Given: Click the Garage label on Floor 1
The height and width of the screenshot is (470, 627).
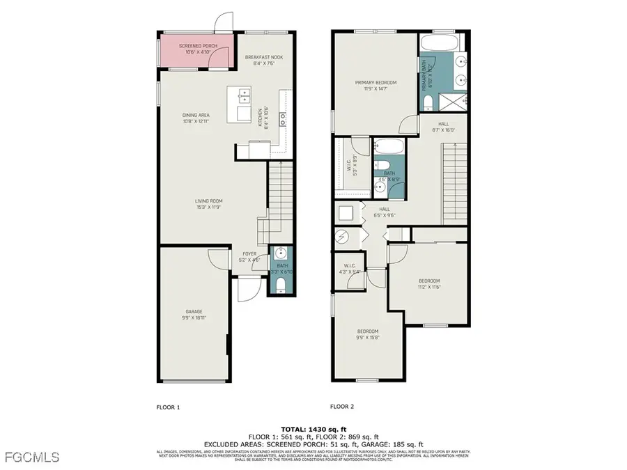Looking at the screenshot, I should (x=194, y=314).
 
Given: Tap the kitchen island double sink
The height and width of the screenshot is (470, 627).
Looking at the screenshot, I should (x=242, y=94).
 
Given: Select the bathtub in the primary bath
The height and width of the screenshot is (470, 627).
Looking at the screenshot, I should (x=439, y=43).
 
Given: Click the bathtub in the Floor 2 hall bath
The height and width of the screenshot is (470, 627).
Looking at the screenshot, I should (x=387, y=148).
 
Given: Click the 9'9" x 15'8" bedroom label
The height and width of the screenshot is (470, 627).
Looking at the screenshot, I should (x=368, y=334).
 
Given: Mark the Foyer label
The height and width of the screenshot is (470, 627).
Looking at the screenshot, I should (x=250, y=257).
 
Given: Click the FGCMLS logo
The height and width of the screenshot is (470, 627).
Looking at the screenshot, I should (x=31, y=457).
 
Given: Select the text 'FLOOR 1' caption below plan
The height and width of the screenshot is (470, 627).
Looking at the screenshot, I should (x=168, y=406).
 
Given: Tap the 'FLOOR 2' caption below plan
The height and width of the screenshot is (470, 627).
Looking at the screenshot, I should (x=342, y=406).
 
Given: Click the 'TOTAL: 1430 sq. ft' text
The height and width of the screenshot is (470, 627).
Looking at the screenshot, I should (x=313, y=429).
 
